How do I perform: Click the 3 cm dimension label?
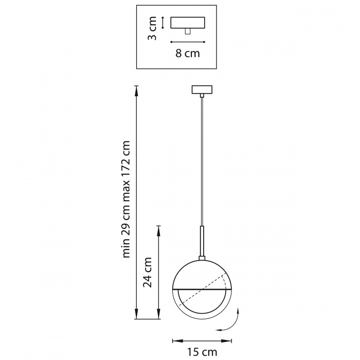click(x=152, y=28)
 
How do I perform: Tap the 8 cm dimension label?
click(x=188, y=53)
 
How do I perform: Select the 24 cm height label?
click(x=148, y=273)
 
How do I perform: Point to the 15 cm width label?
click(x=202, y=352)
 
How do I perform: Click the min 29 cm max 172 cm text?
click(x=127, y=199)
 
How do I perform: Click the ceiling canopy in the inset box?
click(x=188, y=23)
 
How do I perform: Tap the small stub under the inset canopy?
click(x=188, y=31)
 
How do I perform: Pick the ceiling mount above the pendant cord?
click(x=202, y=89)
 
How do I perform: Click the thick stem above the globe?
click(x=202, y=241)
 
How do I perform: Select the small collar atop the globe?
click(x=202, y=258)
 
